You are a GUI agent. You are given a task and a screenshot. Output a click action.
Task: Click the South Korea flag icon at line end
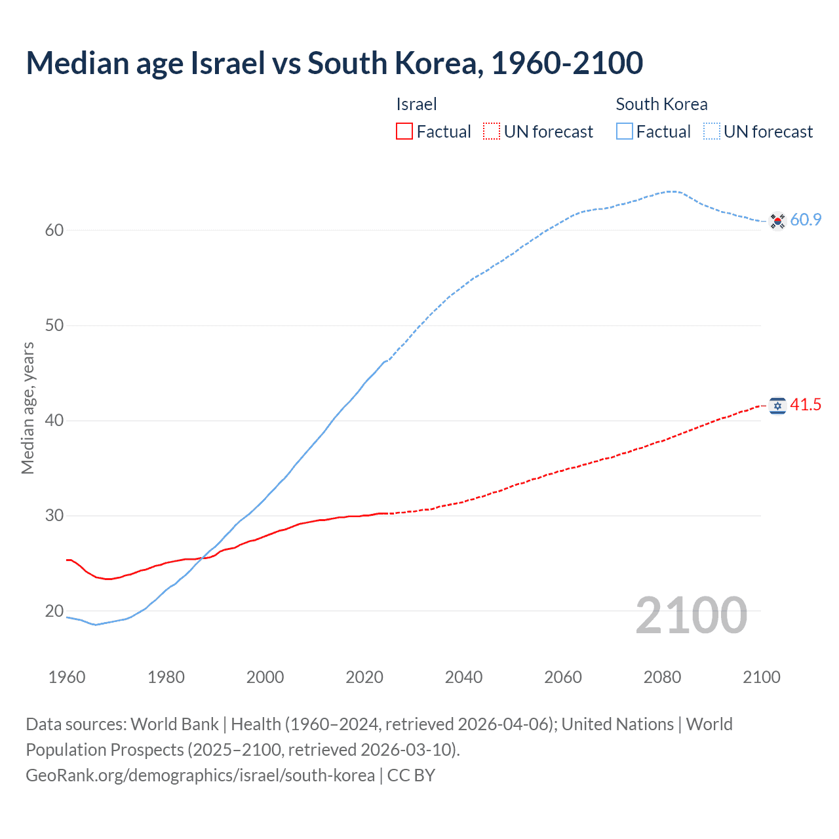(x=777, y=221)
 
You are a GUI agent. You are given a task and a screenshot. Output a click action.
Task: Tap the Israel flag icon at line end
(x=777, y=406)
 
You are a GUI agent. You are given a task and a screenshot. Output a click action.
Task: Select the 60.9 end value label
(x=806, y=220)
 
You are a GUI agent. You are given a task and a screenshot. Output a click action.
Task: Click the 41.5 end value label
(x=806, y=405)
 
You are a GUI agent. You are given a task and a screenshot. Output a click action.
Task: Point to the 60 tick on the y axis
(x=54, y=230)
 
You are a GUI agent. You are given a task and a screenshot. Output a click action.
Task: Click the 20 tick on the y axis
(x=54, y=611)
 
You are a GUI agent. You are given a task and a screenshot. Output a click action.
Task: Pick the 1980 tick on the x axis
(x=166, y=677)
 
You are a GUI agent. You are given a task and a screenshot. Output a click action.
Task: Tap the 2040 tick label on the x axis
(x=463, y=677)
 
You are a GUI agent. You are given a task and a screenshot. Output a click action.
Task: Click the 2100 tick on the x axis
(x=761, y=677)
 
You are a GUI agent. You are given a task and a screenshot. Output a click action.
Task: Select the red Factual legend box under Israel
(x=404, y=132)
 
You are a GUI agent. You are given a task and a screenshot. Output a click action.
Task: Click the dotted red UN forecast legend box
(x=492, y=132)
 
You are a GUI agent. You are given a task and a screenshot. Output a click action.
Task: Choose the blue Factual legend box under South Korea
(x=624, y=132)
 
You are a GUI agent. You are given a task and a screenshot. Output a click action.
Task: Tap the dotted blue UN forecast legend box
(x=711, y=132)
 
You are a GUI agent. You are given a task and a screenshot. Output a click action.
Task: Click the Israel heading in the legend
(x=416, y=104)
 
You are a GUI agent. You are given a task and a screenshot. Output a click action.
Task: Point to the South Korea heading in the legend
(x=661, y=104)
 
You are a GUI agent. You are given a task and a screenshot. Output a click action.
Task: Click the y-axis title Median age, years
(x=28, y=408)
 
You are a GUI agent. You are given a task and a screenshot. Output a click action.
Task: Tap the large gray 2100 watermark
(x=691, y=615)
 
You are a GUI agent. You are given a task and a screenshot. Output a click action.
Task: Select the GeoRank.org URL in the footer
(x=200, y=775)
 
